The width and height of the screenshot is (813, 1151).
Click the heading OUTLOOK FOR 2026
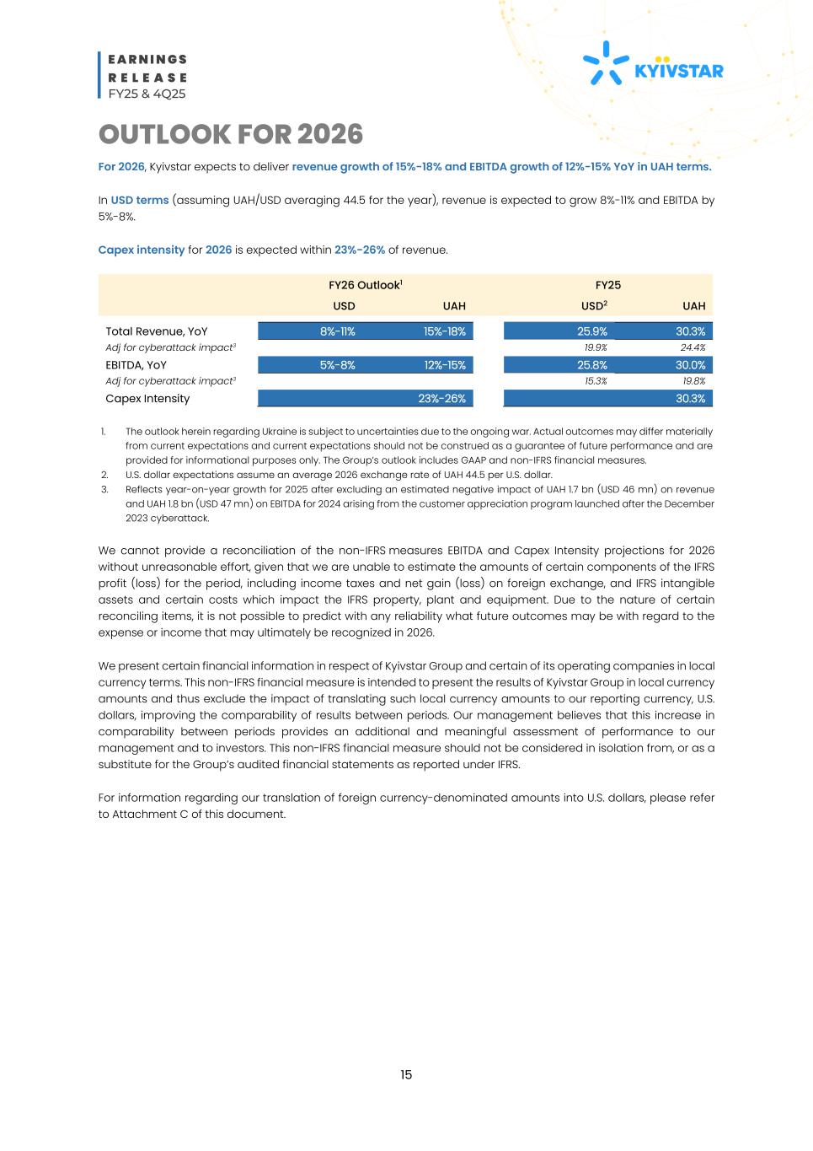(x=230, y=134)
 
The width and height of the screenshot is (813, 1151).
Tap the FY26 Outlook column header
(x=365, y=285)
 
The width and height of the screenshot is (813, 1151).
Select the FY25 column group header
(x=607, y=285)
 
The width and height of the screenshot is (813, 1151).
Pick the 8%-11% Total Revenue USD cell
(x=337, y=331)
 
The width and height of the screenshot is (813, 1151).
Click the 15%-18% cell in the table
(x=444, y=331)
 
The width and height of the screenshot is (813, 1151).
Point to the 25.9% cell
(x=591, y=331)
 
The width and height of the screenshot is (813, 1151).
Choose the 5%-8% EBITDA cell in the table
(x=337, y=365)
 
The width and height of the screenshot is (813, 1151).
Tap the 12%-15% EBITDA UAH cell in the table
(x=444, y=365)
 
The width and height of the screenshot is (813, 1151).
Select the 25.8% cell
(x=591, y=365)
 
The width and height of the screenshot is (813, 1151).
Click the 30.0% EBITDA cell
(x=690, y=365)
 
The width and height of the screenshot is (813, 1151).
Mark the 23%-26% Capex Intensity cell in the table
(x=441, y=399)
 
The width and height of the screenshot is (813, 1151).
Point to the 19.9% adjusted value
(x=596, y=347)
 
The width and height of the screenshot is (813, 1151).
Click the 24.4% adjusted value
(x=693, y=347)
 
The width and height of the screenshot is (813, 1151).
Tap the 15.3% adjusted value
(x=596, y=381)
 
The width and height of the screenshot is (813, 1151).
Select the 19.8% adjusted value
(x=693, y=381)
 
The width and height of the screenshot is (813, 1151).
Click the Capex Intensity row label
(x=147, y=399)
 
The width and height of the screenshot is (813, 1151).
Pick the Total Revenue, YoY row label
(x=156, y=331)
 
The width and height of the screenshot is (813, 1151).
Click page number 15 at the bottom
(x=406, y=1075)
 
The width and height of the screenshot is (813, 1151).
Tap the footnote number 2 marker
(x=103, y=475)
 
